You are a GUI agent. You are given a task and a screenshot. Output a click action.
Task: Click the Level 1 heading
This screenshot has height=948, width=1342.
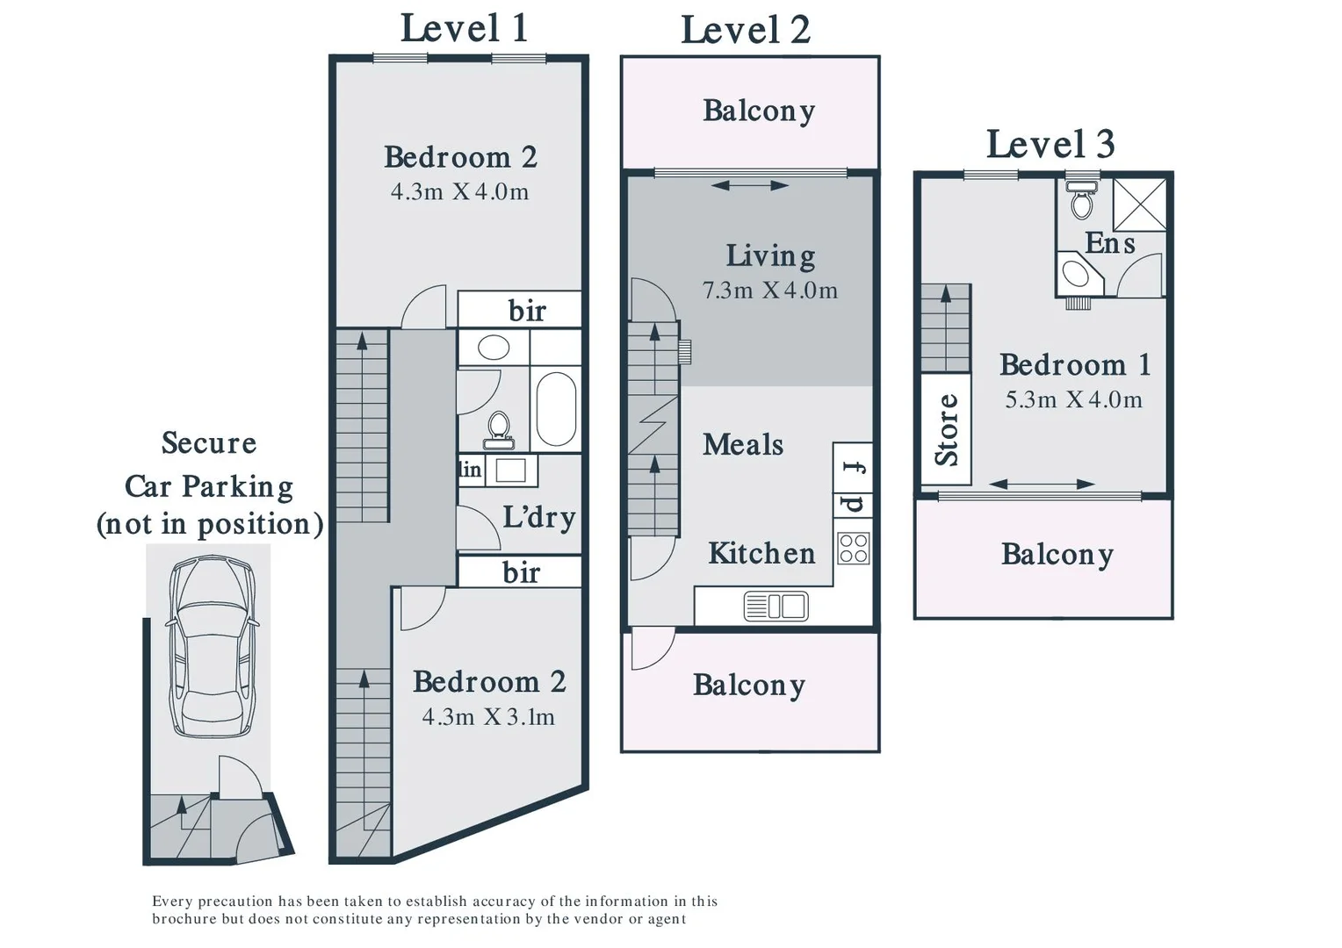(x=464, y=28)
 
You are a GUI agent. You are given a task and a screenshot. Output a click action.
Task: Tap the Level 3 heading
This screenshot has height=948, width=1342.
(x=1050, y=144)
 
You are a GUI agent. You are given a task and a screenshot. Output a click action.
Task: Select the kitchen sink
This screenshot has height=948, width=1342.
(x=776, y=607)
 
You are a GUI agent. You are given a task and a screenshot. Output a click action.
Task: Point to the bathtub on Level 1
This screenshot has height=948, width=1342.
(x=556, y=408)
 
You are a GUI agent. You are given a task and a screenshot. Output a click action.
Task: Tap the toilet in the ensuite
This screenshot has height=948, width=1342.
(x=1081, y=200)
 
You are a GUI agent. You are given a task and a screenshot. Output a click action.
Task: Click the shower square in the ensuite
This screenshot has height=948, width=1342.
(x=1139, y=205)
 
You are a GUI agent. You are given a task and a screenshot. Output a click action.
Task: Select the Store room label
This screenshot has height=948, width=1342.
(x=946, y=429)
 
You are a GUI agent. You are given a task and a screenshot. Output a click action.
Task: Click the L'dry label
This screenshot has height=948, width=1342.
(x=538, y=517)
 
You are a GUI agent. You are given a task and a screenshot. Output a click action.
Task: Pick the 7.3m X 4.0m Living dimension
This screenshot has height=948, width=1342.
(x=769, y=291)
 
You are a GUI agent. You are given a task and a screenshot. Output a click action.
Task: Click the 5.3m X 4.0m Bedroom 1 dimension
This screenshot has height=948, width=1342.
(x=1073, y=400)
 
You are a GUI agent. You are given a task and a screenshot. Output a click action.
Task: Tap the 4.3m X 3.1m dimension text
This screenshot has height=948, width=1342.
(x=488, y=717)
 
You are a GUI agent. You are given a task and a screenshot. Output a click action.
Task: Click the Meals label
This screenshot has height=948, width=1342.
(x=743, y=444)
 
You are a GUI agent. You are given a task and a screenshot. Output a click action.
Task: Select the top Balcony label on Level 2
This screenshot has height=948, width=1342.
(x=759, y=111)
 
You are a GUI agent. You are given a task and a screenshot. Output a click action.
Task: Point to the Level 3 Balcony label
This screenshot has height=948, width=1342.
(x=1057, y=554)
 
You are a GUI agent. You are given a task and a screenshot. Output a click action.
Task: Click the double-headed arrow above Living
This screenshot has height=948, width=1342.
(x=749, y=185)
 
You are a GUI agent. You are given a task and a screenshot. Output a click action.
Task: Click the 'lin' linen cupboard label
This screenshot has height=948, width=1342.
(x=470, y=470)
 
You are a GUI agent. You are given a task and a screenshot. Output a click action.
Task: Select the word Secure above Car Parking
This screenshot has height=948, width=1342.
(x=209, y=442)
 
